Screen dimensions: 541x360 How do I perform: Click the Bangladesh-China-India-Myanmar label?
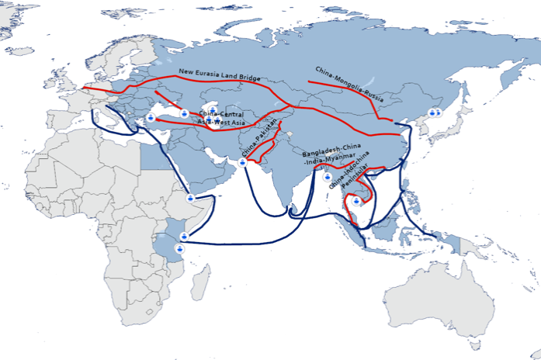coord(333,159)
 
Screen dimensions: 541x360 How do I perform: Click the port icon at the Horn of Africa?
coord(190,199)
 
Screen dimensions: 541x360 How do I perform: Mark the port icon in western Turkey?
coord(151,118)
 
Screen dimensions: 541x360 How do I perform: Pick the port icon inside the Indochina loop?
coord(355,201)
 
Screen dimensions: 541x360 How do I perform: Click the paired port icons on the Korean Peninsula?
coord(435,112)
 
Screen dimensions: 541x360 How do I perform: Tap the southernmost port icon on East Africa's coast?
coord(180,248)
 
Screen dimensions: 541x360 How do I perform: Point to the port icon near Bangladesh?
coord(327,177)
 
